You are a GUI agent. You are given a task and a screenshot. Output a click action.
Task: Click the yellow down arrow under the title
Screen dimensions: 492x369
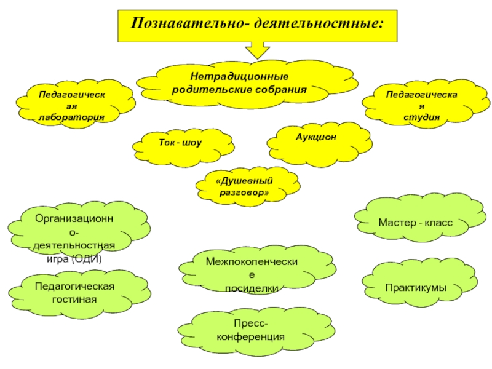(x=257, y=50)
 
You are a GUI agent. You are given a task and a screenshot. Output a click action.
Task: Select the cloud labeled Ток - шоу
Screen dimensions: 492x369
(x=183, y=147)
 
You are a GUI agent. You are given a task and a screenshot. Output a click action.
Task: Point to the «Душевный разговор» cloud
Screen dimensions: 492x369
(x=248, y=187)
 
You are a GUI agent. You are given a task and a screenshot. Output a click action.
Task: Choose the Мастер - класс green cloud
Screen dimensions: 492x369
(x=421, y=218)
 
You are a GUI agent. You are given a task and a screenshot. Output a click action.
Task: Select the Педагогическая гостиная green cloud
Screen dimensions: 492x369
(x=79, y=294)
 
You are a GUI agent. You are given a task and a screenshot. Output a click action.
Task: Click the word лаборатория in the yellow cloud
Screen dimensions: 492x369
(x=71, y=117)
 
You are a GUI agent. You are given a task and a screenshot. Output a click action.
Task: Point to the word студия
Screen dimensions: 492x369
(x=421, y=117)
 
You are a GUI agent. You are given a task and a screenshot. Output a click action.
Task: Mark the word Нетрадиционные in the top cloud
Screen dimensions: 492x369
(x=239, y=76)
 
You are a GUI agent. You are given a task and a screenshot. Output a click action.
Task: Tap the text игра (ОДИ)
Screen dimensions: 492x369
(x=74, y=259)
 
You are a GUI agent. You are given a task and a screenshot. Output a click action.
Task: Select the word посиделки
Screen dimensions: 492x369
(x=252, y=288)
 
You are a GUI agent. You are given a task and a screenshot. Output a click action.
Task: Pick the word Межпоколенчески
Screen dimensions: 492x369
(x=252, y=261)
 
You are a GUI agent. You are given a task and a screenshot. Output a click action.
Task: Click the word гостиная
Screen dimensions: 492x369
(x=74, y=299)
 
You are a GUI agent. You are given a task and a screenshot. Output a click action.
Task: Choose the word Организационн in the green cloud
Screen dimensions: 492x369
(x=74, y=218)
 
